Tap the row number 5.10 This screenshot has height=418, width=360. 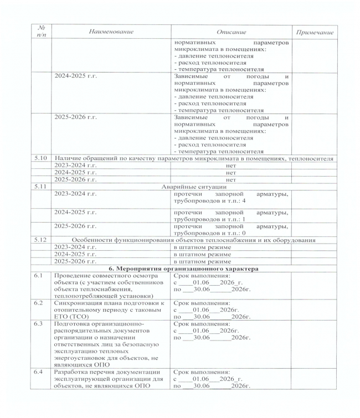(40, 159)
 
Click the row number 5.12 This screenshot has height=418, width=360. (40, 240)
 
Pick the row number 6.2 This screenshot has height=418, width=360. (37, 303)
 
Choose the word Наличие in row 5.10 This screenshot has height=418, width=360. (68, 159)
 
